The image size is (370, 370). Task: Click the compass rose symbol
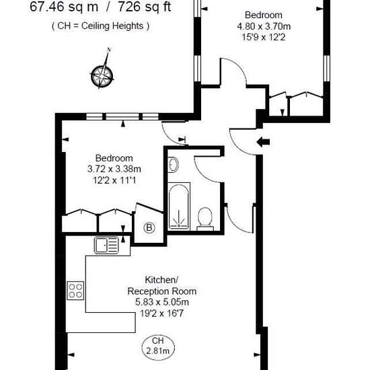pos(102,76)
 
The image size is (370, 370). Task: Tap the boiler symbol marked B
pos(149,227)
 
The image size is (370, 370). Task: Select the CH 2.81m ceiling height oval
pos(158,348)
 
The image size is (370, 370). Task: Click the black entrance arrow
pos(263,142)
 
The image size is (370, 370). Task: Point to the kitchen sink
pos(106,245)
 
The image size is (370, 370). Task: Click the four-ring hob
pos(75,291)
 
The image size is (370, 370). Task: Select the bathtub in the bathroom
pos(179,207)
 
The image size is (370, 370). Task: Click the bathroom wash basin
pos(173,164)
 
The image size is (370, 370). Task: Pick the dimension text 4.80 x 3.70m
pos(264,26)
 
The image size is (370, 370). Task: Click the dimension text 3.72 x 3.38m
pos(114,169)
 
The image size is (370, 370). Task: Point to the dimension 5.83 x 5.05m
pos(162,302)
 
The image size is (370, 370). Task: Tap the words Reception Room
pos(162,291)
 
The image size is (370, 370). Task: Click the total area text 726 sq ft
pos(145,7)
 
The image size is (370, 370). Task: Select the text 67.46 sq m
pos(64,7)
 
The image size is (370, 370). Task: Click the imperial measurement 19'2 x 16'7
pos(162,313)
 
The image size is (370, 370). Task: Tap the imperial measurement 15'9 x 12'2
pos(264,37)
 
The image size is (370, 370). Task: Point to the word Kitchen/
pos(161,280)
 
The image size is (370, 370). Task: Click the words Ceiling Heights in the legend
pos(112,26)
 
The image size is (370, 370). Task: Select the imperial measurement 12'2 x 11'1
pos(114,180)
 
